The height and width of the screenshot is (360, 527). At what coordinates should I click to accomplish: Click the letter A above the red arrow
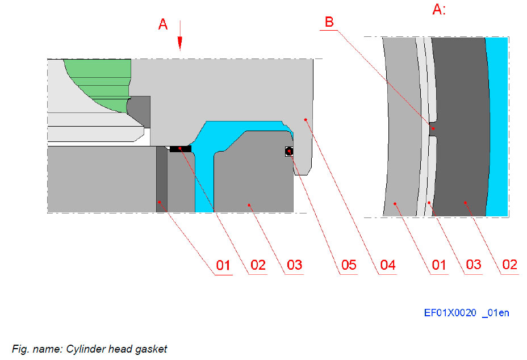163,24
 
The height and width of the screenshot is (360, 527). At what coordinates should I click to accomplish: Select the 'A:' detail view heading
439,10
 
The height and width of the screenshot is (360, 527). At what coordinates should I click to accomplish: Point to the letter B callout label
329,22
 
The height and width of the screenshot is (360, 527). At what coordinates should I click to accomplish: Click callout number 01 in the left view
224,265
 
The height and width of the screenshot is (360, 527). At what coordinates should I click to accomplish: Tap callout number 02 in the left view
258,265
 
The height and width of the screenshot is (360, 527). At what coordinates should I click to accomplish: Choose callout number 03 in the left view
294,265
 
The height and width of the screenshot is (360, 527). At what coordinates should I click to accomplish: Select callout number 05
348,265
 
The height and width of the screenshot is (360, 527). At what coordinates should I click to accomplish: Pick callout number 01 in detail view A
439,265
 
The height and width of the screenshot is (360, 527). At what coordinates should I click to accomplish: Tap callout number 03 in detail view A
473,265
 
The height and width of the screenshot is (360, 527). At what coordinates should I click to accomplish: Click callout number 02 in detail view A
509,265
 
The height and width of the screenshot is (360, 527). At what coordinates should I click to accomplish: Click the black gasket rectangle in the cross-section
181,149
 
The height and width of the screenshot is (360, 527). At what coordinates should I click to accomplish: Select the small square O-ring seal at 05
289,151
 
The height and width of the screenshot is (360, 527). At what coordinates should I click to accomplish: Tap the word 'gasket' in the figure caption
153,349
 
